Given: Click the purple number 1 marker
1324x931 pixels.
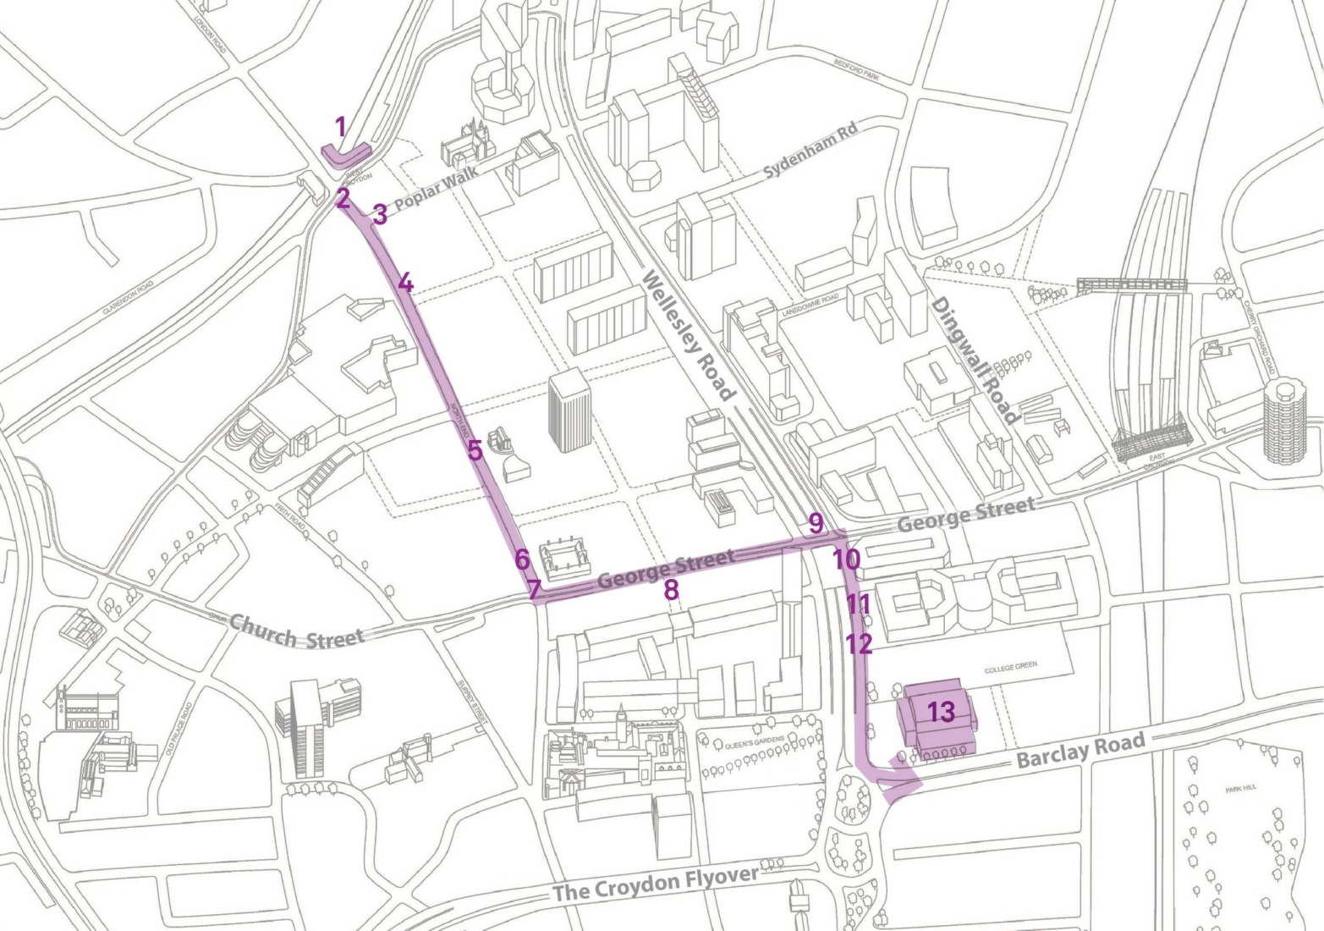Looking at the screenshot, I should tap(340, 128).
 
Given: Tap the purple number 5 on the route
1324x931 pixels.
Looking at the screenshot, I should tap(475, 450).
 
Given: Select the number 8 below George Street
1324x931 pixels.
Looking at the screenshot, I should tap(671, 590).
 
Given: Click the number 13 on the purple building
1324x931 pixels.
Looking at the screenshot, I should tap(941, 712).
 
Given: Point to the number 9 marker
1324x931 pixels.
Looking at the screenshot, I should tap(816, 523).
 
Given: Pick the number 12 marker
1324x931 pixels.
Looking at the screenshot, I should tap(859, 644).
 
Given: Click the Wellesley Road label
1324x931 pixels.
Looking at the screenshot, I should tap(688, 334).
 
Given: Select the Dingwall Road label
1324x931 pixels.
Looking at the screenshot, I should tap(974, 360).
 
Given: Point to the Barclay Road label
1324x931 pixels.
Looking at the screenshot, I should tap(1080, 751).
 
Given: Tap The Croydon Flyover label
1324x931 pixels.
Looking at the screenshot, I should tap(655, 884).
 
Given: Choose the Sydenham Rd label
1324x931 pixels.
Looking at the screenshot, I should tap(810, 151).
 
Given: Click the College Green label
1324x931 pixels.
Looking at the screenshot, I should tap(1010, 667).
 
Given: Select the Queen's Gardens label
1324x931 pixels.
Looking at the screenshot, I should tap(755, 740).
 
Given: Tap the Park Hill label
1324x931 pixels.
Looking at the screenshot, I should tap(1240, 788).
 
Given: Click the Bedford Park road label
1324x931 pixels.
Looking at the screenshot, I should tap(857, 68).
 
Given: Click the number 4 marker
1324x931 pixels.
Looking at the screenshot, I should tap(405, 283).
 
